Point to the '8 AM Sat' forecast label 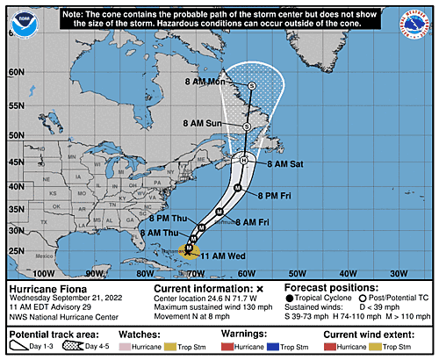284,164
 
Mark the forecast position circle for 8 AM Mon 252,85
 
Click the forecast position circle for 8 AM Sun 247,126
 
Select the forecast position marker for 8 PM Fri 237,188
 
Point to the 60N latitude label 14,73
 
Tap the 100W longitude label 60,274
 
